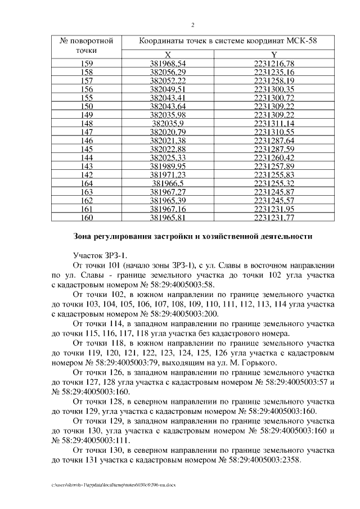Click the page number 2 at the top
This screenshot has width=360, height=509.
tap(193, 25)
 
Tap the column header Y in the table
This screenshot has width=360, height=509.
tap(273, 55)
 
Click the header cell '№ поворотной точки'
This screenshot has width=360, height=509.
tap(87, 46)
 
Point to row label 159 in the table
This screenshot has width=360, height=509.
tap(87, 64)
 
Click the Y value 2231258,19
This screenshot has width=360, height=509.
tap(274, 80)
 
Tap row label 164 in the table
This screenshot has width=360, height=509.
tap(87, 183)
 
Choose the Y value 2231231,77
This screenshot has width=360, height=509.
tap(274, 217)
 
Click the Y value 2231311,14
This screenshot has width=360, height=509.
tap(274, 123)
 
